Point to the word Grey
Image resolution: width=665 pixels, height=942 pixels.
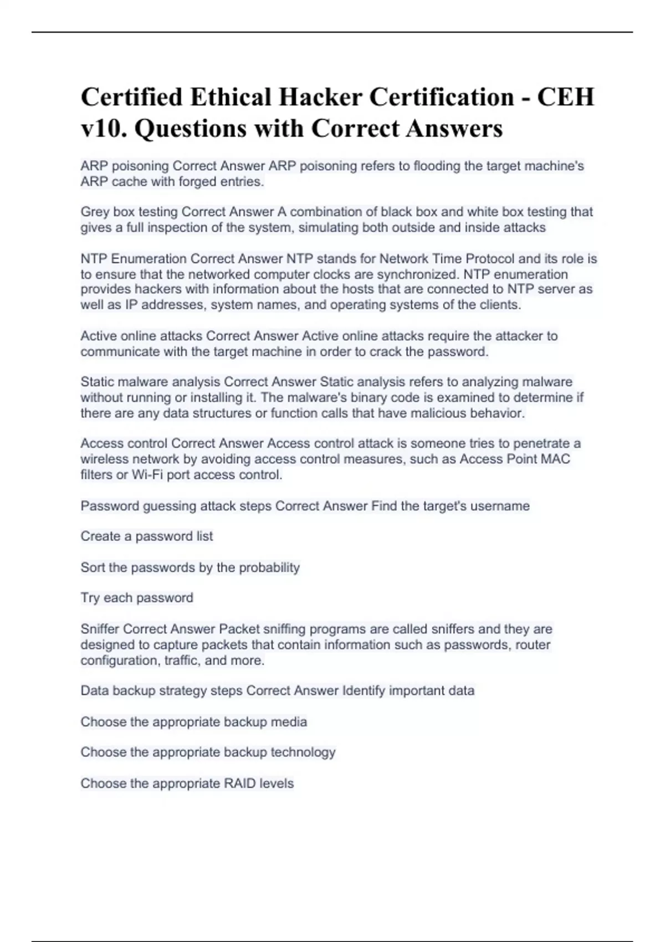click(x=95, y=212)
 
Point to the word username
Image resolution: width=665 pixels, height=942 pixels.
click(x=500, y=506)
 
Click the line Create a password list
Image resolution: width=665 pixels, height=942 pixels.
click(x=147, y=536)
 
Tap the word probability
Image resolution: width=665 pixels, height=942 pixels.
click(x=269, y=567)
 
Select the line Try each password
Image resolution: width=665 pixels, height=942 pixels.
click(x=137, y=598)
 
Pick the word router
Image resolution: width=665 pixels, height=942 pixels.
click(x=533, y=644)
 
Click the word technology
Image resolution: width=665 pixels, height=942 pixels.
click(x=303, y=752)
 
